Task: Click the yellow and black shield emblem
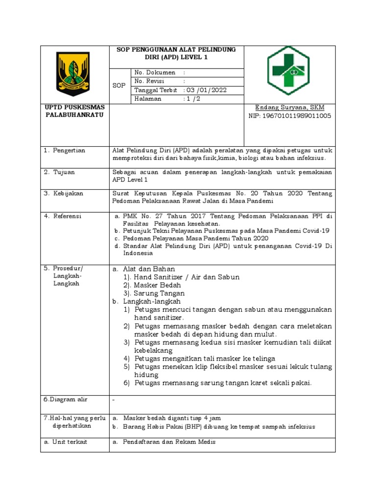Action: click(74, 70)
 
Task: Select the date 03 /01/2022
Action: click(205, 91)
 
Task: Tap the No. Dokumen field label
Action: click(151, 72)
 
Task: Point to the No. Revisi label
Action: click(149, 81)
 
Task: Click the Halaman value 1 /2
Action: click(192, 99)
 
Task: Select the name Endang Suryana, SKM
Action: click(289, 107)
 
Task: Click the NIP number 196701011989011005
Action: click(290, 116)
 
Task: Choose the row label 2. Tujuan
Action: click(59, 172)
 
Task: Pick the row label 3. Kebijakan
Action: click(63, 193)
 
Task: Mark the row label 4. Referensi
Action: click(63, 215)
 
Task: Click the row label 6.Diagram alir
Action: click(65, 400)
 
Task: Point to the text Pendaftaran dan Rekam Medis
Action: click(169, 442)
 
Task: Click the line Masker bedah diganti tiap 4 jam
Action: click(172, 418)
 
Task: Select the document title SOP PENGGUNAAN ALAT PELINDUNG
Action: click(175, 50)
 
